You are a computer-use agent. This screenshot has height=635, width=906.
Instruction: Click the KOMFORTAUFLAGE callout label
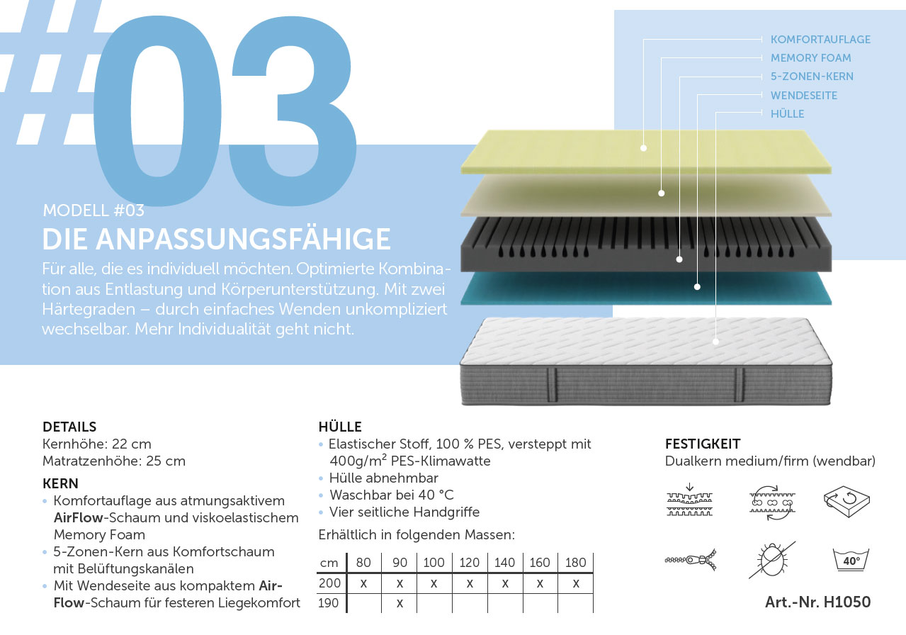tap(820, 39)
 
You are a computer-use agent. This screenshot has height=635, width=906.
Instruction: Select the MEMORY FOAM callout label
tap(810, 58)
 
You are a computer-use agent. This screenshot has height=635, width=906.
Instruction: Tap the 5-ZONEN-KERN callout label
tap(812, 76)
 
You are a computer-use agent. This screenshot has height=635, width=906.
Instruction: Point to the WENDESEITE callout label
tap(804, 96)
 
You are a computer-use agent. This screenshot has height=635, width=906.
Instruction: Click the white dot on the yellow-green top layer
tap(643, 148)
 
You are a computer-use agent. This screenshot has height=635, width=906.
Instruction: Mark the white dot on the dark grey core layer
tap(679, 259)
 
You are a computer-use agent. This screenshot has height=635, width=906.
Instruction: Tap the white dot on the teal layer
tap(697, 287)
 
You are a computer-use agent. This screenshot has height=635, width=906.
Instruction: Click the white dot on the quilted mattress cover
tap(715, 342)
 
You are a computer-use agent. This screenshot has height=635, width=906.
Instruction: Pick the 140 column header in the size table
tap(505, 563)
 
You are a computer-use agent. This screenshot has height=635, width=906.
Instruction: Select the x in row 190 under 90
tap(400, 604)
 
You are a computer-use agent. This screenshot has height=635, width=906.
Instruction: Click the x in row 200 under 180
tap(576, 583)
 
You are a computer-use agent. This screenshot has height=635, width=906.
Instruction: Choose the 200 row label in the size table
tap(329, 583)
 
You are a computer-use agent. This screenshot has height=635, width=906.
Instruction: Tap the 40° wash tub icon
tap(851, 560)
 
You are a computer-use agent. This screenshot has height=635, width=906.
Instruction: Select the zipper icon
tap(691, 560)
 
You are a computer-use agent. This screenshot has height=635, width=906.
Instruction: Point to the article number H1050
tap(818, 602)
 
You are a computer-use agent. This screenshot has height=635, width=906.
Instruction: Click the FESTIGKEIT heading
tap(703, 444)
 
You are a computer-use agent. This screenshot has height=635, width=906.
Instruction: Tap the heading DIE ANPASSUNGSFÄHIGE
tap(217, 239)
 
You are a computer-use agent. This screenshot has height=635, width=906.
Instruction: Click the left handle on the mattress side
tap(552, 385)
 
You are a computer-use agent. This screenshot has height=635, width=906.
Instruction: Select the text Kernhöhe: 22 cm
tap(96, 444)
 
